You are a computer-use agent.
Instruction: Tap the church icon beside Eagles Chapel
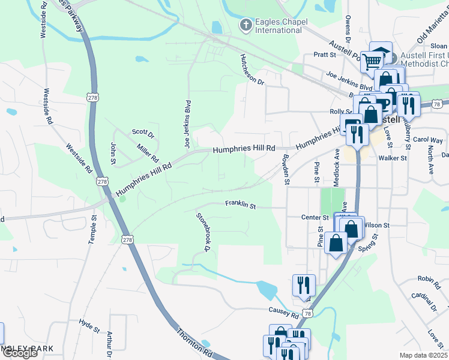tap(246, 25)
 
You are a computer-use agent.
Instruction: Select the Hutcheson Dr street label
tap(252, 70)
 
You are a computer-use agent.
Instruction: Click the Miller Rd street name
tap(147, 153)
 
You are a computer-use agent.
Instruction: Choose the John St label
tap(113, 153)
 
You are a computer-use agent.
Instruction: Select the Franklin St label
tap(241, 205)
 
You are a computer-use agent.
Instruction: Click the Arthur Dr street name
tap(110, 344)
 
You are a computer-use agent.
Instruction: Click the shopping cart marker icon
tap(373, 61)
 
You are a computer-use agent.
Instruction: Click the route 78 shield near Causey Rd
tap(307, 313)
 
